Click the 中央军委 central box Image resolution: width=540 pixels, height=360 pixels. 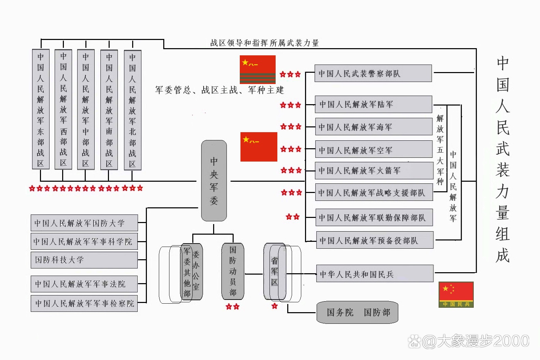214,181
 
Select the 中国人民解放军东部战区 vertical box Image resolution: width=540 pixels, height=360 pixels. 41,109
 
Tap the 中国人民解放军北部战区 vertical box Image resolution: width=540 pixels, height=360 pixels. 133,110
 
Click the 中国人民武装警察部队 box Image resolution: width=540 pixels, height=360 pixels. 373,73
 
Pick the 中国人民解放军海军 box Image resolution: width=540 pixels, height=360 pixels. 373,127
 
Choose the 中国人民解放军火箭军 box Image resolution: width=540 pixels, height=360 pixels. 374,170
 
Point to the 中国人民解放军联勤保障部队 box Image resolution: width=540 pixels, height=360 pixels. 374,218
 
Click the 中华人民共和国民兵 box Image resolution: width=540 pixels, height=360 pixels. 374,274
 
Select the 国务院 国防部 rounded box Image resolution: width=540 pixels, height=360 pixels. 357,312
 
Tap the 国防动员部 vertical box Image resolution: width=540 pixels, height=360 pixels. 233,271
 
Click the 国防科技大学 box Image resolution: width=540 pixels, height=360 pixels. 84,260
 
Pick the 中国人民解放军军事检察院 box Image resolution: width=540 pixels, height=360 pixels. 84,303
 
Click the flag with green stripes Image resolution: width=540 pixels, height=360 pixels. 258,69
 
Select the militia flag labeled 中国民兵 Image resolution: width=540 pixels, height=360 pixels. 456,294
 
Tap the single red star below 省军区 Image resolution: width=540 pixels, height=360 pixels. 275,306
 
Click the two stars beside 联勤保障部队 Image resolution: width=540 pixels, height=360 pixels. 293,217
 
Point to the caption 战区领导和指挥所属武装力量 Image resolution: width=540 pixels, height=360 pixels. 264,43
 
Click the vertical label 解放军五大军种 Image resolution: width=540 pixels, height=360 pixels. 440,150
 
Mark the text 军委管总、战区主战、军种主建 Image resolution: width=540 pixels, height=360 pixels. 219,90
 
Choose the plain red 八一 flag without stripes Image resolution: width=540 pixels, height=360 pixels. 259,147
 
